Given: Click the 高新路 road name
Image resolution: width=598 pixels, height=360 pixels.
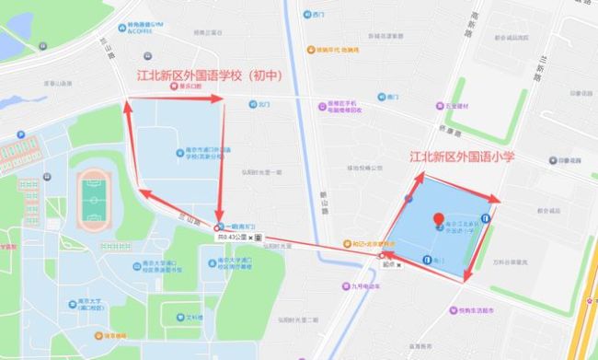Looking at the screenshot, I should pos(475,18).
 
